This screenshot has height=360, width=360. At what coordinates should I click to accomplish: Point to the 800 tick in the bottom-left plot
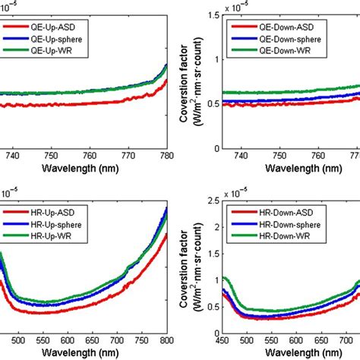(166, 343)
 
